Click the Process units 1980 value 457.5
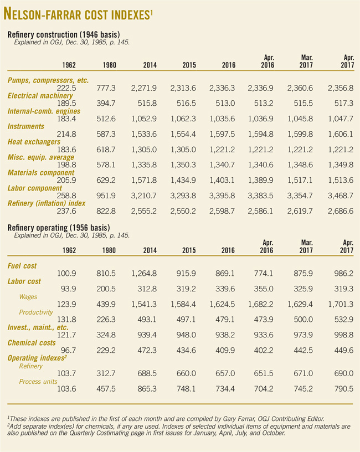click(106, 390)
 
